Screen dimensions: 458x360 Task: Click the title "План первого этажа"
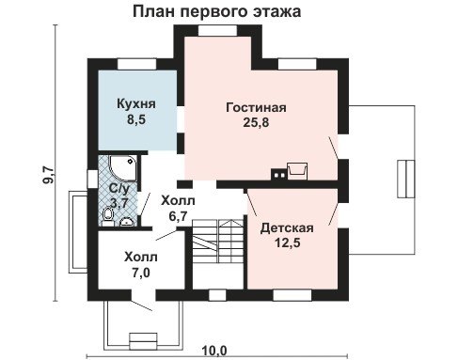[x=217, y=11]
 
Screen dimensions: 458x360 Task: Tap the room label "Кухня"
[x=136, y=103]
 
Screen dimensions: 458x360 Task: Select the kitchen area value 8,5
[x=136, y=119]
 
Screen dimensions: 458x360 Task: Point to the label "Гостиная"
[x=256, y=107]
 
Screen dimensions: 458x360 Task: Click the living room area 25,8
[x=256, y=122]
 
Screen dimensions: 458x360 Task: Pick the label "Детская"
[x=287, y=228]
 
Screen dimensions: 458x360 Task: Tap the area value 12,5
[x=288, y=243]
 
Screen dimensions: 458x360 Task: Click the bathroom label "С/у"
[x=118, y=189]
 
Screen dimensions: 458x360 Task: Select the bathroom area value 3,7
[x=119, y=204]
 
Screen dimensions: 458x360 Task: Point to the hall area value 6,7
[x=178, y=216]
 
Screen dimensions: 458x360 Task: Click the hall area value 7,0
[x=141, y=273]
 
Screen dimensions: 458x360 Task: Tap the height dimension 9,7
[x=49, y=177]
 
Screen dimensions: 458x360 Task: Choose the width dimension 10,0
[x=214, y=352]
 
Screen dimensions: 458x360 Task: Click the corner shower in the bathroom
[x=123, y=168]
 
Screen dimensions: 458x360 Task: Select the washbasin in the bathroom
[x=127, y=222]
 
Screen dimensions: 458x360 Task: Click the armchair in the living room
[x=297, y=171]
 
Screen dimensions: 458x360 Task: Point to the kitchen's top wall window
[x=136, y=64]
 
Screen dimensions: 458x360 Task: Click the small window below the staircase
[x=217, y=295]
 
